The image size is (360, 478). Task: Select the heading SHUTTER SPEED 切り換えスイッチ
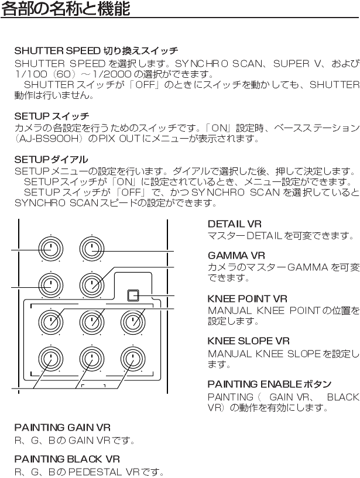pyautogui.click(x=96, y=51)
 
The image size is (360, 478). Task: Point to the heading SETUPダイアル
pyautogui.click(x=51, y=159)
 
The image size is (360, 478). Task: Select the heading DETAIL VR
pyautogui.click(x=234, y=224)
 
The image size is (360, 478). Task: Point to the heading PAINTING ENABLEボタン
pyautogui.click(x=270, y=384)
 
